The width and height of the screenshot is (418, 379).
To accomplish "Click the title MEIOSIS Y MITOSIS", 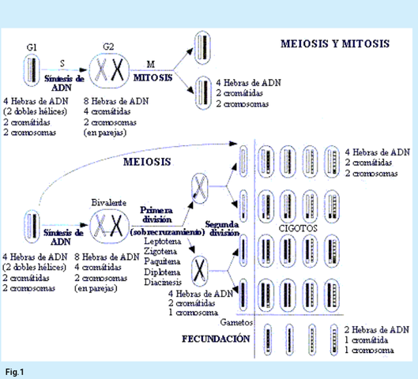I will coord(335,43).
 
